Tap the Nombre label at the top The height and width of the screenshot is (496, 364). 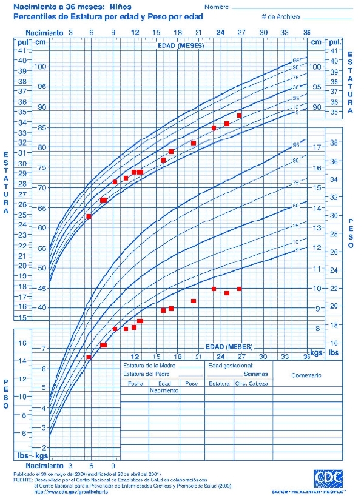[217, 7]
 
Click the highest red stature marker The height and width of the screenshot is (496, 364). [240, 115]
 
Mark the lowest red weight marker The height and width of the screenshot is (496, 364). [89, 357]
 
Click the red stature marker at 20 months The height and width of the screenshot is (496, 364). [194, 143]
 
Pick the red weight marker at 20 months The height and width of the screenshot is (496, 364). [194, 301]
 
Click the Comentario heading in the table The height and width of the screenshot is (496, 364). [306, 375]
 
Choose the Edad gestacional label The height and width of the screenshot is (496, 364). [230, 366]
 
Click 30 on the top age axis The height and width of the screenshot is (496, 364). [263, 32]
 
